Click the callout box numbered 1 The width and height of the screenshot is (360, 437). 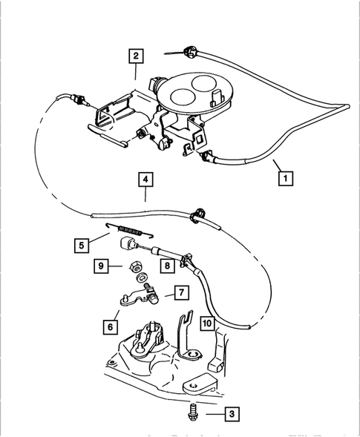[284, 178]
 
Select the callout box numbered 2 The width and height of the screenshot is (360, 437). [134, 55]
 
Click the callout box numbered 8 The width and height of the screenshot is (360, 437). [169, 265]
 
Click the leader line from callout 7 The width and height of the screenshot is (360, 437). [165, 294]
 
